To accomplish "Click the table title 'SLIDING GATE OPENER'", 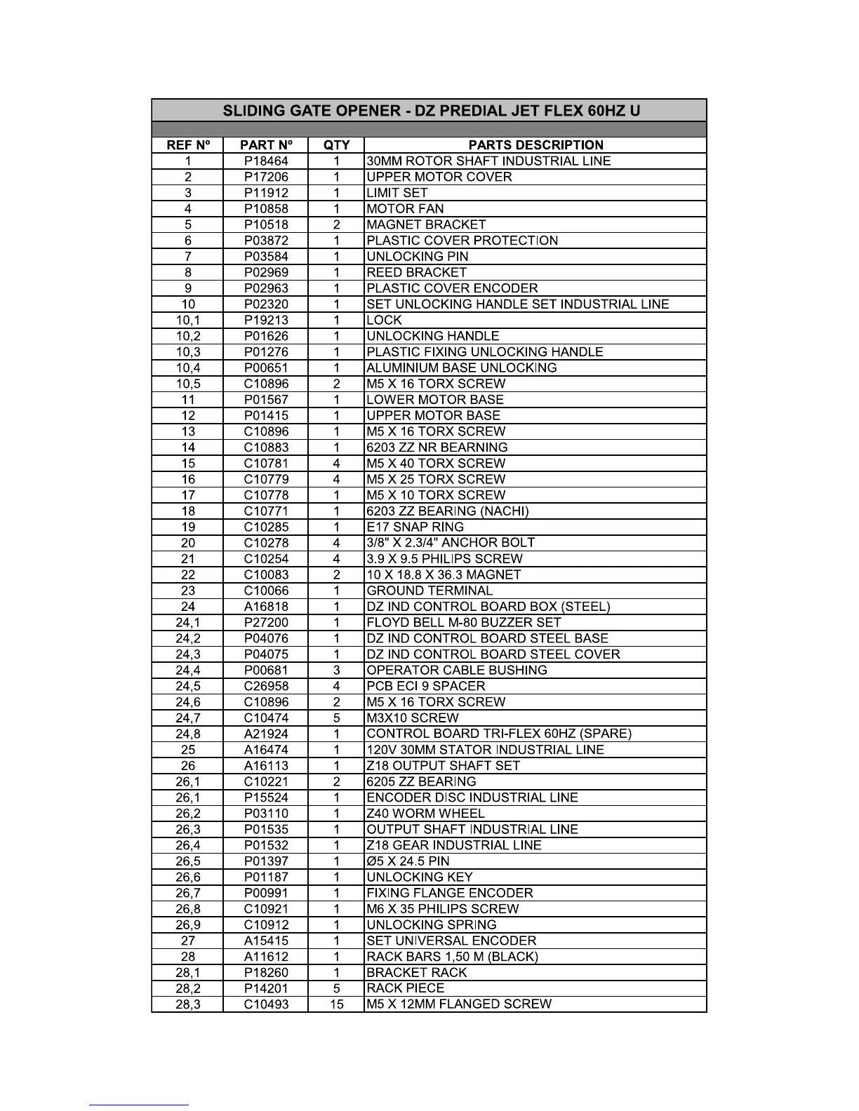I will [x=431, y=111].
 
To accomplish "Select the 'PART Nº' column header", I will [x=266, y=145].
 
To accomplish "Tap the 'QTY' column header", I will [x=336, y=145].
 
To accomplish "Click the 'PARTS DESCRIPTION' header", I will [x=535, y=145].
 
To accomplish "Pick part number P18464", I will [x=266, y=161].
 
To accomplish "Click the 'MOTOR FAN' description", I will [x=405, y=209].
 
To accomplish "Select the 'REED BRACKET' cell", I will [x=416, y=273].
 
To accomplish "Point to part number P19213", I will [x=266, y=321].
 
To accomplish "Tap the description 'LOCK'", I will [x=384, y=321].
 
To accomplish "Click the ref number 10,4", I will [x=188, y=368].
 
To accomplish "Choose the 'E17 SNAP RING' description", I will [x=415, y=527].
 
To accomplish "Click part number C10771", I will [x=266, y=511].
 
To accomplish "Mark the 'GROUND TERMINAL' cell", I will [x=429, y=591].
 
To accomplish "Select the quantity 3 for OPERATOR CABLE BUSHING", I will [x=336, y=671].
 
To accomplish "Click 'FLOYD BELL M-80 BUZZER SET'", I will [x=463, y=623].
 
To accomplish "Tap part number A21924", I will [x=266, y=734].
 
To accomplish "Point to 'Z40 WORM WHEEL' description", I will [x=425, y=814].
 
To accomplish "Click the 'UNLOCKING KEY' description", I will [x=420, y=877].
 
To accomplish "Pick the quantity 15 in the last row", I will [x=336, y=1004].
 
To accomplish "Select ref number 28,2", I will [x=188, y=988].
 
